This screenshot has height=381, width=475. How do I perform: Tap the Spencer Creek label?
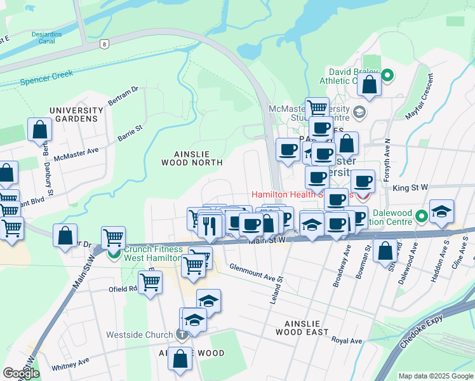click(x=46, y=77)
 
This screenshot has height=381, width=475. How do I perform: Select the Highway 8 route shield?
click(x=103, y=44)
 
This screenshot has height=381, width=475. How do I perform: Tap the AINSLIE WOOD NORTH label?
click(x=198, y=157)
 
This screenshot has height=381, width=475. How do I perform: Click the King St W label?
click(x=410, y=187)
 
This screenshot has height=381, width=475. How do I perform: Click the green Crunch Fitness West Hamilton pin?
click(x=114, y=253)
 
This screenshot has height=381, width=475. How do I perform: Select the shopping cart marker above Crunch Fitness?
click(x=113, y=238)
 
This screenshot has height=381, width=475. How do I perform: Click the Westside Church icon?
click(x=182, y=335)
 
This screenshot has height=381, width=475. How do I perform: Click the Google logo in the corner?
click(x=21, y=373)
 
